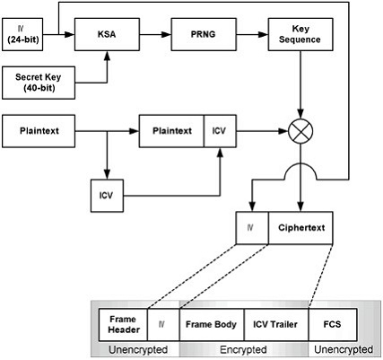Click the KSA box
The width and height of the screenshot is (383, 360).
pos(107,34)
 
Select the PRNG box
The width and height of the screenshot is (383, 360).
pos(204,34)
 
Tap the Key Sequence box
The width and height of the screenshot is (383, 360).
pos(300,34)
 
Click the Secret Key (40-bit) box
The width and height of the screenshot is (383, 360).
pos(39,83)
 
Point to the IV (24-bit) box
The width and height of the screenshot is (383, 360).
pos(22,34)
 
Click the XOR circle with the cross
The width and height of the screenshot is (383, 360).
pos(300,131)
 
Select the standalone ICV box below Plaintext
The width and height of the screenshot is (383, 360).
pos(107,196)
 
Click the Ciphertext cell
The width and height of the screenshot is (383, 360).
pos(300,228)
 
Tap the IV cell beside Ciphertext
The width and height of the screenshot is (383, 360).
pos(252,228)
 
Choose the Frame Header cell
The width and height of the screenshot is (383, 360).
pos(123,325)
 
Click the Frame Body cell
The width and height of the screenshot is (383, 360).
pos(212,325)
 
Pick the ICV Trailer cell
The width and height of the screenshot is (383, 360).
pos(276,325)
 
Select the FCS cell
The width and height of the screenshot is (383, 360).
pos(333,325)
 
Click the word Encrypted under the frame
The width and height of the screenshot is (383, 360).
pos(243,349)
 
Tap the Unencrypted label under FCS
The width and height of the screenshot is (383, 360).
pos(344,349)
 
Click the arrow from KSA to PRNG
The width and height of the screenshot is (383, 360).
pos(155,34)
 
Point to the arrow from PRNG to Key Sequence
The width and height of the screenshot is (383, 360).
pos(252,34)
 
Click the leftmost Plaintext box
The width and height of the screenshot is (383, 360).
pos(39,131)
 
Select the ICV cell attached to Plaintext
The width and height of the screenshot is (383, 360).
pos(220,131)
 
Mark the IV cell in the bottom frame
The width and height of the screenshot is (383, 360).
pos(163,325)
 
